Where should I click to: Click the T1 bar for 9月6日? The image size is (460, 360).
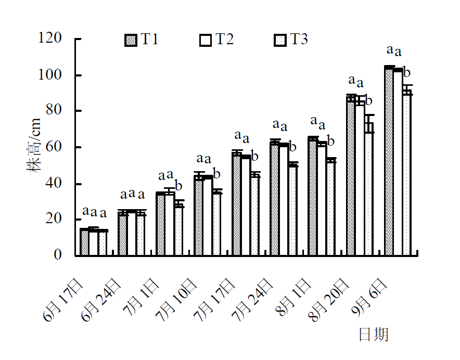click(389, 161)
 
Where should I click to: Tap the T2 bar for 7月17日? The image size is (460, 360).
click(246, 205)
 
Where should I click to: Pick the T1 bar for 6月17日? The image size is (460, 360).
click(84, 242)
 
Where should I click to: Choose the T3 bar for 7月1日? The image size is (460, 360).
click(179, 229)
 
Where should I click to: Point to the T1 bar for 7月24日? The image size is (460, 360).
click(275, 198)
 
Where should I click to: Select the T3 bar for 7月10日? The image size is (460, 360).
click(217, 224)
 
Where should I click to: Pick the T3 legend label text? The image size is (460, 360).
click(299, 40)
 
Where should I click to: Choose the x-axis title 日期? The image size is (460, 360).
click(374, 334)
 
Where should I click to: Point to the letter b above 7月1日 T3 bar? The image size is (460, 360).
click(178, 185)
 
